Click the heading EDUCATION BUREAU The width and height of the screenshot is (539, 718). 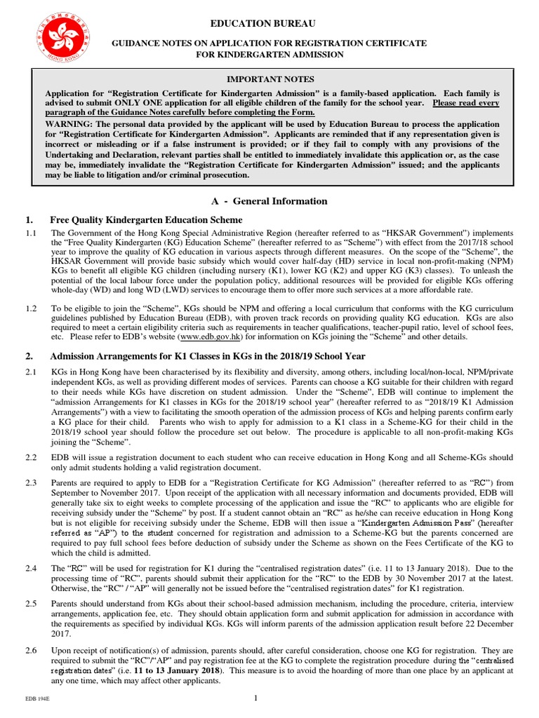269,23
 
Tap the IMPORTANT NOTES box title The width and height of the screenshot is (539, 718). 269,79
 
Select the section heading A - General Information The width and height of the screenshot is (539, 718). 269,201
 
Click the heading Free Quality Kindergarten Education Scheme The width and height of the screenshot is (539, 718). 146,220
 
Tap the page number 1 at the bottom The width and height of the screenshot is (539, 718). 256,698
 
